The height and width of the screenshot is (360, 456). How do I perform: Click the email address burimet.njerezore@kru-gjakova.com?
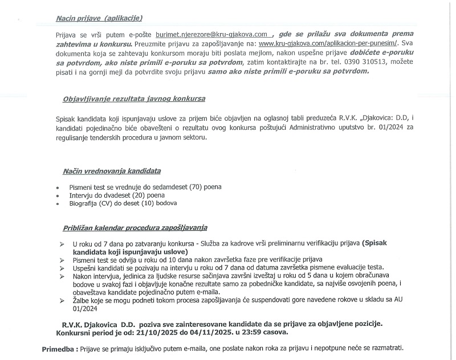pyautogui.click(x=210, y=34)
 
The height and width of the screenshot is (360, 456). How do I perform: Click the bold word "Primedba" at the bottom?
pyautogui.click(x=59, y=347)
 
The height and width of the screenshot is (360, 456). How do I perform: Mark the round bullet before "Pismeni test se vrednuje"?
pyautogui.click(x=58, y=187)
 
